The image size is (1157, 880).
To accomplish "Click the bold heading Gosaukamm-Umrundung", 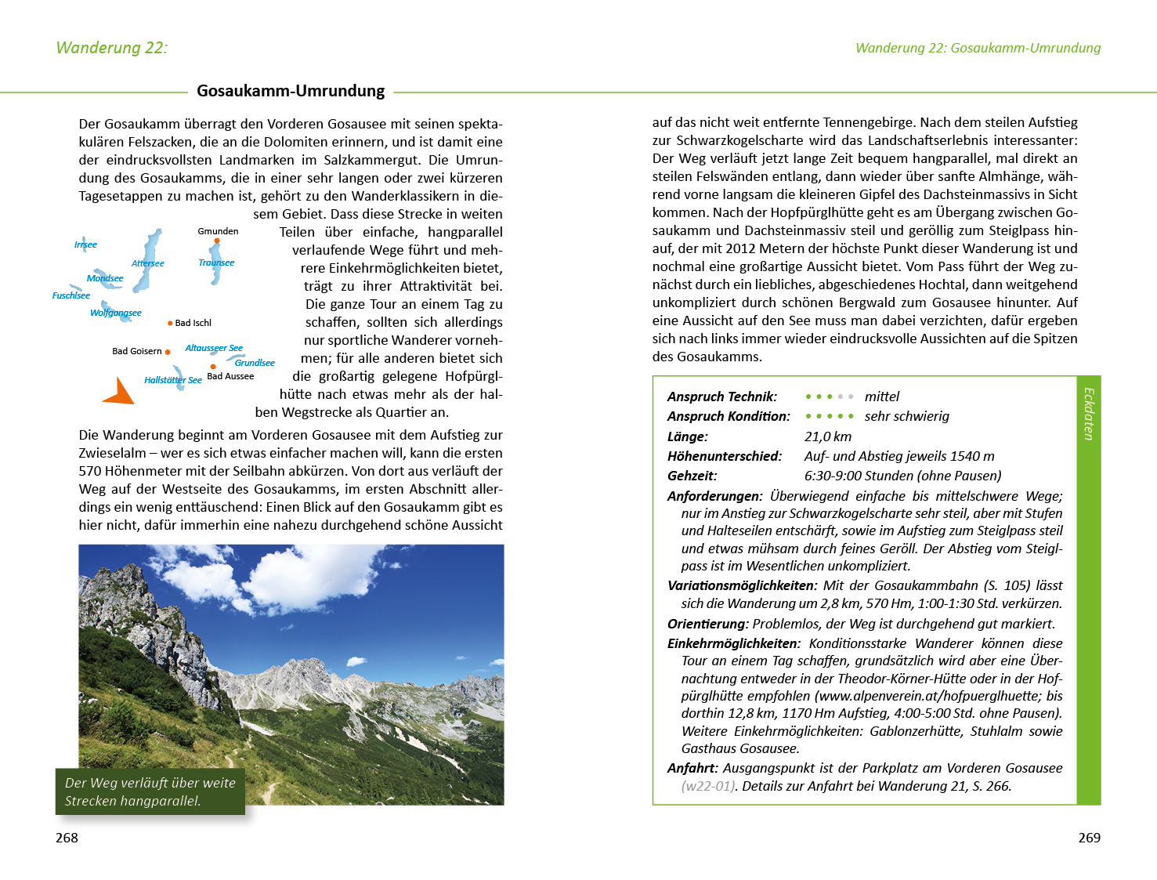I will tap(291, 91).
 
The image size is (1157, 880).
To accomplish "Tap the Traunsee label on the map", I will tap(216, 263).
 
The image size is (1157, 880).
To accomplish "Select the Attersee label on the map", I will tap(148, 263).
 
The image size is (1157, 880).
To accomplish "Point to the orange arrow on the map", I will tap(119, 391).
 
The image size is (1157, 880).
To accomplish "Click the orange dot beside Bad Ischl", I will tap(170, 323).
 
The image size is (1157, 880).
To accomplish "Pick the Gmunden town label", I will tap(218, 231).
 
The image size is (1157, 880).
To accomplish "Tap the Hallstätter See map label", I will tap(173, 380).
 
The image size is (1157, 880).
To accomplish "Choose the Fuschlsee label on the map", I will tap(71, 295).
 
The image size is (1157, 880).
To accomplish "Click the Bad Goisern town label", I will tap(137, 351).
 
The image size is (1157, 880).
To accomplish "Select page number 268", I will tap(67, 838).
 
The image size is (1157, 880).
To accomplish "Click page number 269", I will tap(1089, 838).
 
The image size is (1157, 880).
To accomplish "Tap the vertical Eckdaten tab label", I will tap(1088, 414).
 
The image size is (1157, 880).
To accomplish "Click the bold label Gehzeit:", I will tap(692, 476).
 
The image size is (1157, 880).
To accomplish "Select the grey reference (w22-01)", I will tap(709, 786).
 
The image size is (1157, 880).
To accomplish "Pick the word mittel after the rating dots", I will tap(882, 397).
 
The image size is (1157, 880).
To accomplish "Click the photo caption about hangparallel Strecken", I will tap(150, 791).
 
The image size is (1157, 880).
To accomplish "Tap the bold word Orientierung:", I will tap(708, 624).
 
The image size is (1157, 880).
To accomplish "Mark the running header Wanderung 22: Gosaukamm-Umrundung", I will tap(978, 48).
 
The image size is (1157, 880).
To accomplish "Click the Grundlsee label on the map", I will tap(255, 363).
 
